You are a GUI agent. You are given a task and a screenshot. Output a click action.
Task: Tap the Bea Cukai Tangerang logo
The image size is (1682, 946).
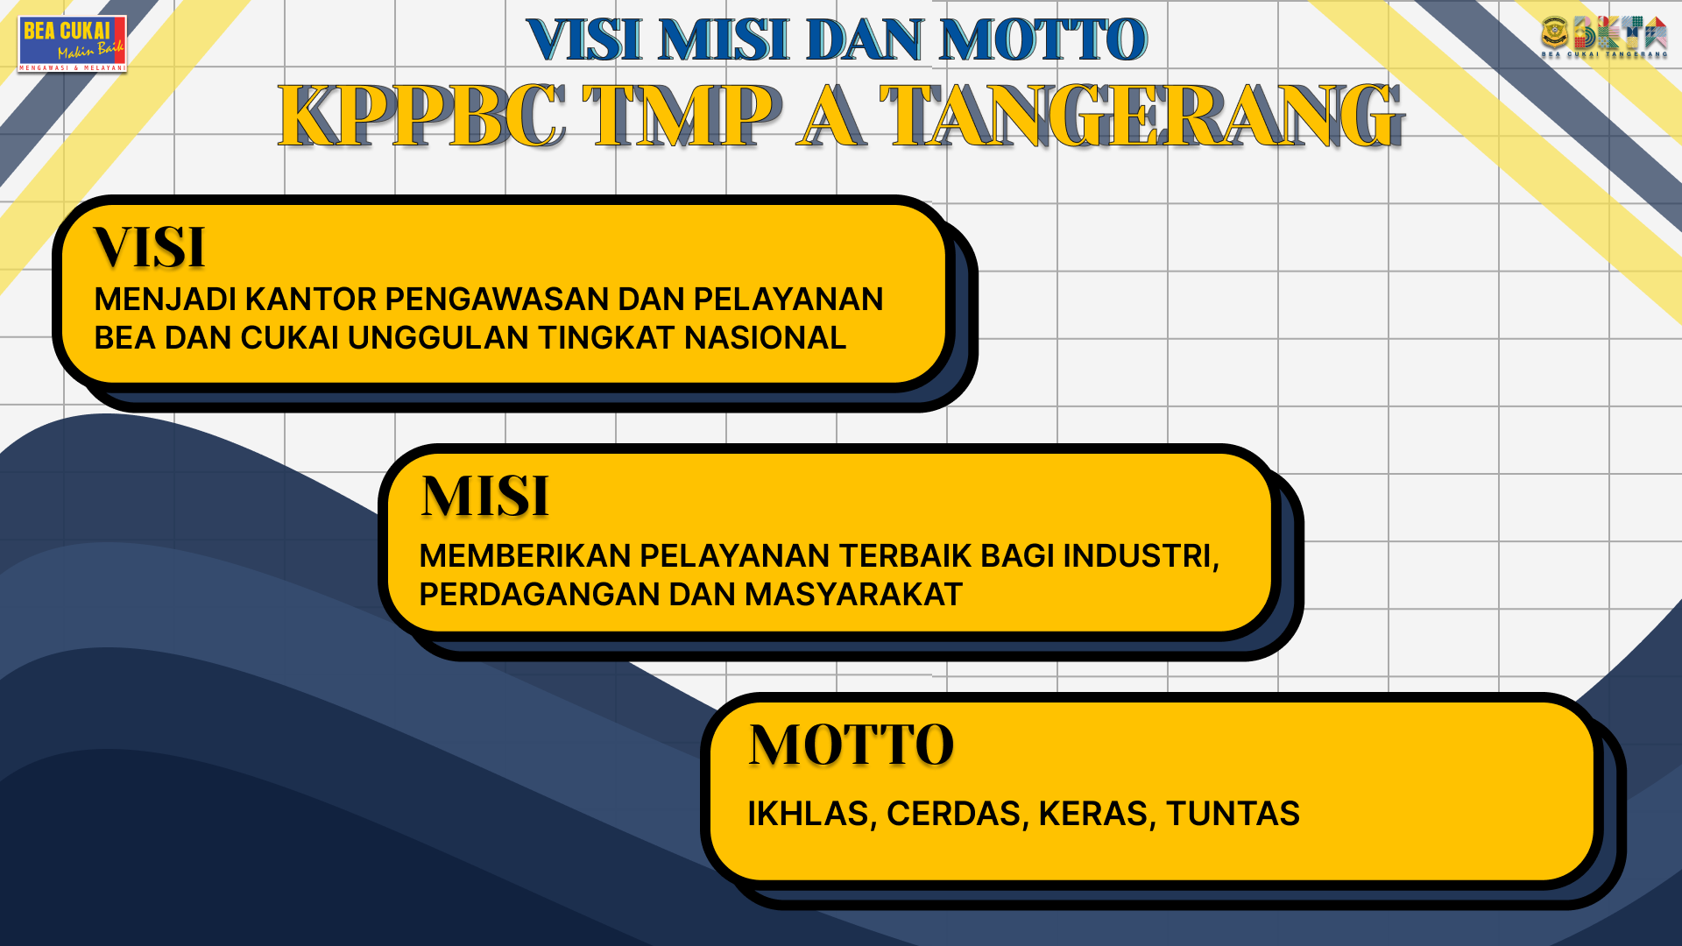[x=1604, y=37]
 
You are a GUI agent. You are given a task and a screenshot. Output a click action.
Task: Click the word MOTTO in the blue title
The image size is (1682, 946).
[x=1042, y=40]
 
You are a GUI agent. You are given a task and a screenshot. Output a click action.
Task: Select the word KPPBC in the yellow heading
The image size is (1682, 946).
[x=421, y=116]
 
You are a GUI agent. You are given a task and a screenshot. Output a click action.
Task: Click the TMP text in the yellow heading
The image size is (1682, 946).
[x=682, y=116]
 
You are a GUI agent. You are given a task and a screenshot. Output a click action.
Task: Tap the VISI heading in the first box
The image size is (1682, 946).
[x=149, y=247]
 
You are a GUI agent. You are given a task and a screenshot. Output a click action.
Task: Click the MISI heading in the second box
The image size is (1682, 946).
[x=484, y=497]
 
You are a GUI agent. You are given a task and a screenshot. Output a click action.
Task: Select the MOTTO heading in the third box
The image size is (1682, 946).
[x=851, y=745]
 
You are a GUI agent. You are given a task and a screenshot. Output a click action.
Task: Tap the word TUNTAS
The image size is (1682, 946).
[x=1233, y=814]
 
